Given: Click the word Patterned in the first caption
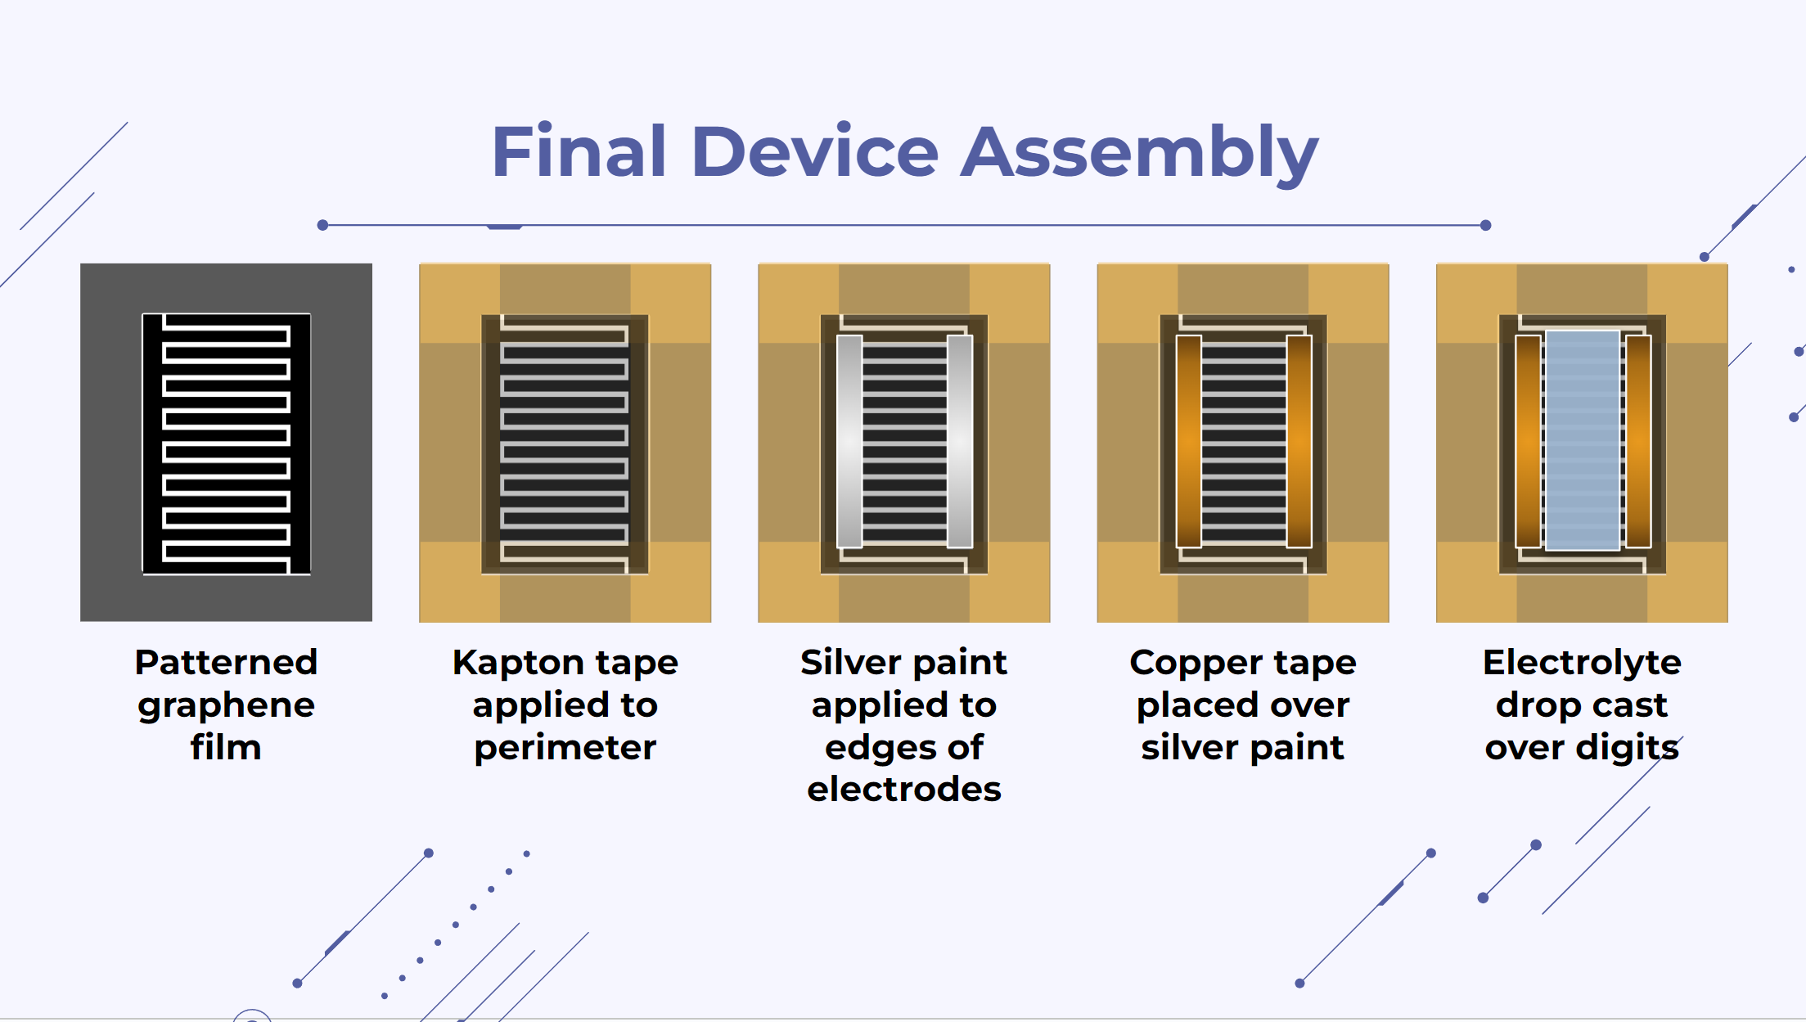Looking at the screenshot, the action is tap(226, 662).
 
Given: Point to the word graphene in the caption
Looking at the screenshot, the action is tap(226, 706).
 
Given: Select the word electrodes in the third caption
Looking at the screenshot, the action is tap(904, 789).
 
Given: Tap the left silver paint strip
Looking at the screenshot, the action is tap(849, 441).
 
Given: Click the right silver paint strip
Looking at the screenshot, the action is tap(960, 441).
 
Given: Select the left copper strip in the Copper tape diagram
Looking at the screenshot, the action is tap(1189, 441).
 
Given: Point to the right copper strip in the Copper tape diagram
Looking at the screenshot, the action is tap(1299, 441).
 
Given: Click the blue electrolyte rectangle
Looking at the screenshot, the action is tap(1583, 440).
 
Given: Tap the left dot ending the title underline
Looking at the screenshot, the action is tap(322, 225).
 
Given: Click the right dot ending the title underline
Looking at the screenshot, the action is tap(1486, 225).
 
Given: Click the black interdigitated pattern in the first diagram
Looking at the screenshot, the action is tap(227, 443).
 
